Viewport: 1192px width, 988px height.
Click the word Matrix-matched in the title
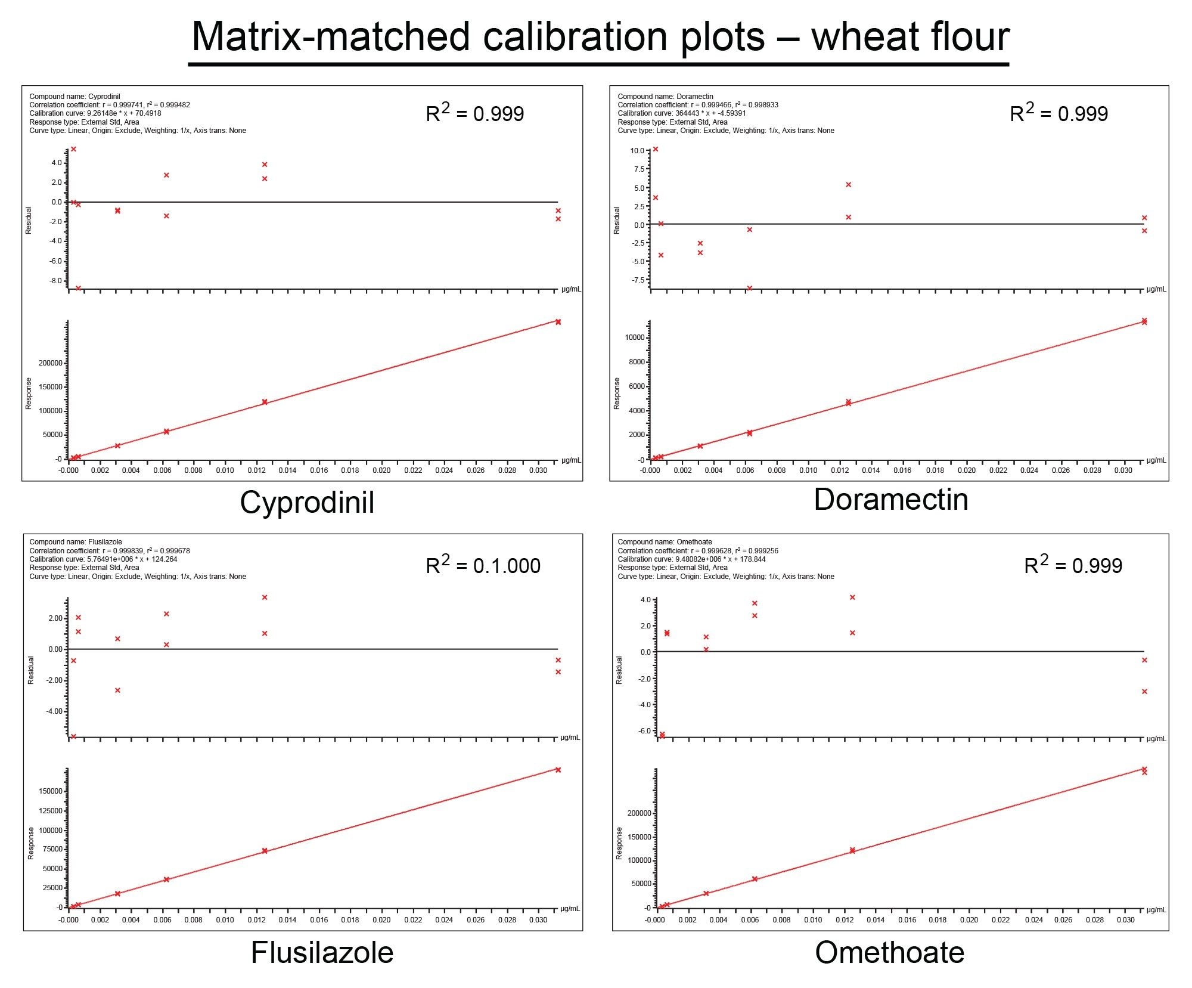click(x=331, y=37)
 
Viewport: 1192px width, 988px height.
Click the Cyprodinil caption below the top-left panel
click(x=307, y=502)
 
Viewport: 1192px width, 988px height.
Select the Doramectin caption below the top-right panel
click(x=890, y=500)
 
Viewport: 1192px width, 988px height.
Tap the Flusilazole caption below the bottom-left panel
click(x=322, y=952)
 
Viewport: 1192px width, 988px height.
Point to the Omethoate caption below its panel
click(x=889, y=952)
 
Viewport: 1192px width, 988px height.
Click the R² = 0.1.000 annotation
click(x=483, y=565)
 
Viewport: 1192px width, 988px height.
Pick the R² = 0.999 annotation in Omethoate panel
click(x=1073, y=565)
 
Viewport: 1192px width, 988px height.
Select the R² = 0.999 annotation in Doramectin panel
click(x=1058, y=113)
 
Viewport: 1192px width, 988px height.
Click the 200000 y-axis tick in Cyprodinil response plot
click(x=52, y=363)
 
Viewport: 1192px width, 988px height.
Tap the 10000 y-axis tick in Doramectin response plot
click(x=634, y=337)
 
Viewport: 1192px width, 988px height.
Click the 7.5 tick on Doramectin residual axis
click(x=639, y=169)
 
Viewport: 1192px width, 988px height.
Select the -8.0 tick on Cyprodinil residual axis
click(x=56, y=281)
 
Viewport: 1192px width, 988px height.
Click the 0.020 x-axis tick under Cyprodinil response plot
click(x=381, y=470)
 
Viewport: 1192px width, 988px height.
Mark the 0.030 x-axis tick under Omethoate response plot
click(x=1125, y=920)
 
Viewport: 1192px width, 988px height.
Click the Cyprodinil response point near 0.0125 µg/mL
click(x=265, y=402)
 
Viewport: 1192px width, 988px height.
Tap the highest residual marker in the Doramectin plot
click(x=656, y=149)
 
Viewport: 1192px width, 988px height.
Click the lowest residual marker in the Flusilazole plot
click(x=73, y=736)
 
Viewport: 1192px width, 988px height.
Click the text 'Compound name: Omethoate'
click(x=665, y=542)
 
